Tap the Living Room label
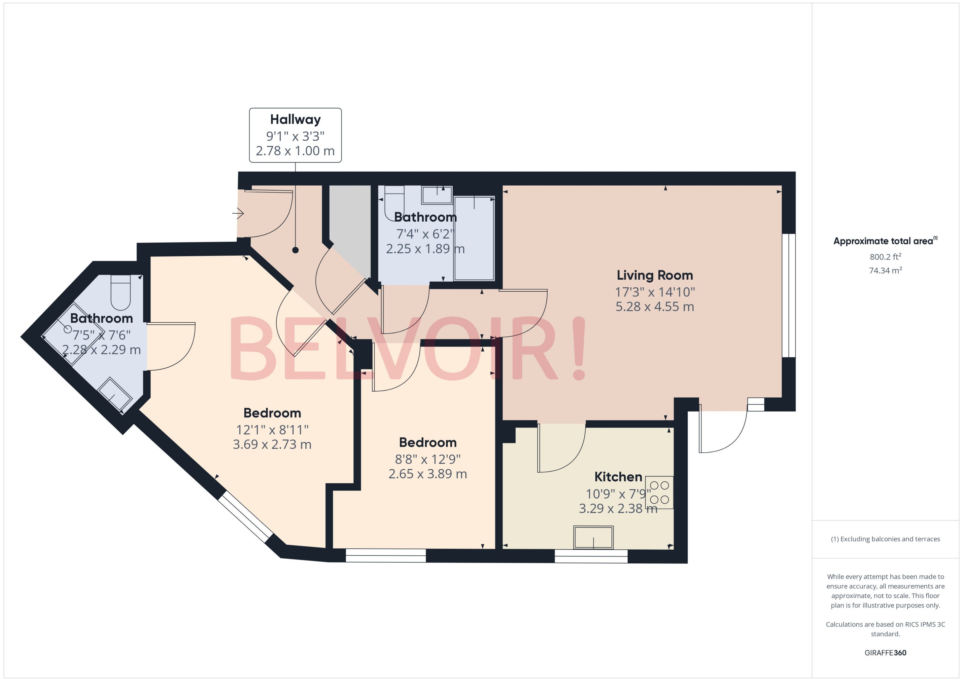coord(654,275)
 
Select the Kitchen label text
coord(618,477)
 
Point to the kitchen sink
coord(593,537)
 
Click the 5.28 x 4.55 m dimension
coord(654,307)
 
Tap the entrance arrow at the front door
coord(238,213)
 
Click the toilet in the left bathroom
coord(121,292)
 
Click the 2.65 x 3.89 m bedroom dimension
coord(427,474)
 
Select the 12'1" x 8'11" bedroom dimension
coord(272,430)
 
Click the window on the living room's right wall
coord(789,295)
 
